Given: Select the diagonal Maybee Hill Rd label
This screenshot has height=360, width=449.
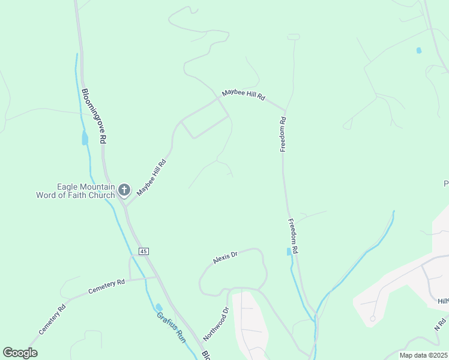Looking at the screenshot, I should click(x=151, y=178).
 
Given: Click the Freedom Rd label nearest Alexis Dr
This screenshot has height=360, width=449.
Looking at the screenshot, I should click(x=293, y=236).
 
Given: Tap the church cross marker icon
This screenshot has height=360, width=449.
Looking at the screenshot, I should click(x=124, y=191).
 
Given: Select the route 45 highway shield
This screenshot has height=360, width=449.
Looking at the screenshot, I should click(x=143, y=250).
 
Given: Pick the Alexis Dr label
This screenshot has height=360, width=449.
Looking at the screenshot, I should click(x=226, y=257).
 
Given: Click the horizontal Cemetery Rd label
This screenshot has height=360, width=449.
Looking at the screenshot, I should click(x=106, y=286).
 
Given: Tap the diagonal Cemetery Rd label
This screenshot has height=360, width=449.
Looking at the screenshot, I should click(x=52, y=320).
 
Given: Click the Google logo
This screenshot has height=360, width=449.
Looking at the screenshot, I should click(x=20, y=353).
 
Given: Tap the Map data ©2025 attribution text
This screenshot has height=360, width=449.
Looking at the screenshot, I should click(x=423, y=355).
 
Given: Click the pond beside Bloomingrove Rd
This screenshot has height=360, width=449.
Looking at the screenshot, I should click(x=85, y=139).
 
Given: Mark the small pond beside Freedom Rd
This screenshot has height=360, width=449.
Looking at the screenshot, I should click(x=289, y=252).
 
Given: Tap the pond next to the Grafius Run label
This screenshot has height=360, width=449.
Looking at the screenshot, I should click(x=158, y=307).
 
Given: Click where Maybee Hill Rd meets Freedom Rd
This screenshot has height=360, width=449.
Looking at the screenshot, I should click(x=285, y=110).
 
